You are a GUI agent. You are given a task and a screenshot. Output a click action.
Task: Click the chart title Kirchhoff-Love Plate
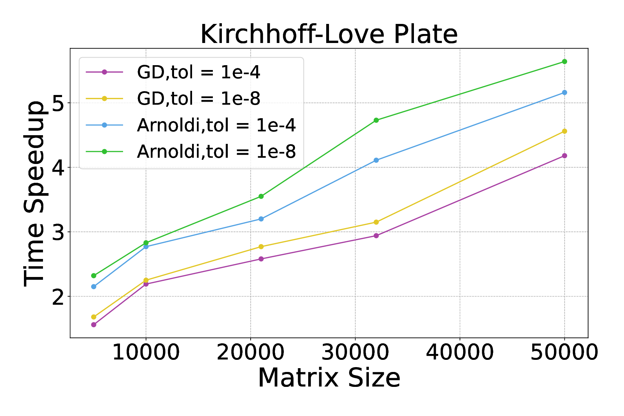click(329, 34)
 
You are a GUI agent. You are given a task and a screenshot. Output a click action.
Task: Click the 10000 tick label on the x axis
click(146, 353)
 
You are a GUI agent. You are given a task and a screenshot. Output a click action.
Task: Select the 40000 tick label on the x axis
click(460, 353)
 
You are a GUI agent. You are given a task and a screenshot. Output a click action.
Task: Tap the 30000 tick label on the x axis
click(355, 353)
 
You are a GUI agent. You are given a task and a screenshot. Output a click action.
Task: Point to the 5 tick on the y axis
click(58, 103)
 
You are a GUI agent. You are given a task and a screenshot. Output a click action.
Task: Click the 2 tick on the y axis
click(58, 297)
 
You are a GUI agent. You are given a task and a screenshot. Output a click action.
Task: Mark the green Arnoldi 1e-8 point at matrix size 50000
click(564, 62)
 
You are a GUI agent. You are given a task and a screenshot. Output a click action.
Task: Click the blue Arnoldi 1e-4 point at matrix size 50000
click(564, 93)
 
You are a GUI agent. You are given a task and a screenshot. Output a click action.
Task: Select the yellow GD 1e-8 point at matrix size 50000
click(564, 131)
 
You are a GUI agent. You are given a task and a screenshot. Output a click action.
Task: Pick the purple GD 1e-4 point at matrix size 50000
click(564, 156)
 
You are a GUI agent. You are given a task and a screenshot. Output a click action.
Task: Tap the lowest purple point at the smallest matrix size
click(94, 325)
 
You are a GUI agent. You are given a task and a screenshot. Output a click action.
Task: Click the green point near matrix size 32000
click(376, 120)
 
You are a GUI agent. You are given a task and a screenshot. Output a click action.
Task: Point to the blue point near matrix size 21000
click(261, 219)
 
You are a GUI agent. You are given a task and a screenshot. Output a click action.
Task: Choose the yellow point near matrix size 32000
click(376, 222)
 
